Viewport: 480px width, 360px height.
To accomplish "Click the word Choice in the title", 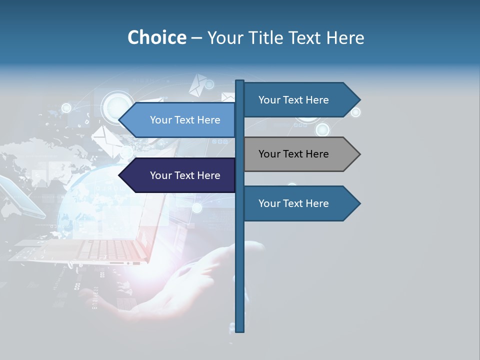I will (x=156, y=37).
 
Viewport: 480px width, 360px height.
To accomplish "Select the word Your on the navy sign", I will (x=160, y=175).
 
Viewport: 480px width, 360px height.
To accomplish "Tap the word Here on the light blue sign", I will (x=208, y=120).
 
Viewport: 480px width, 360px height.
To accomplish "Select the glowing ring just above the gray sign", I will (x=323, y=130).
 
